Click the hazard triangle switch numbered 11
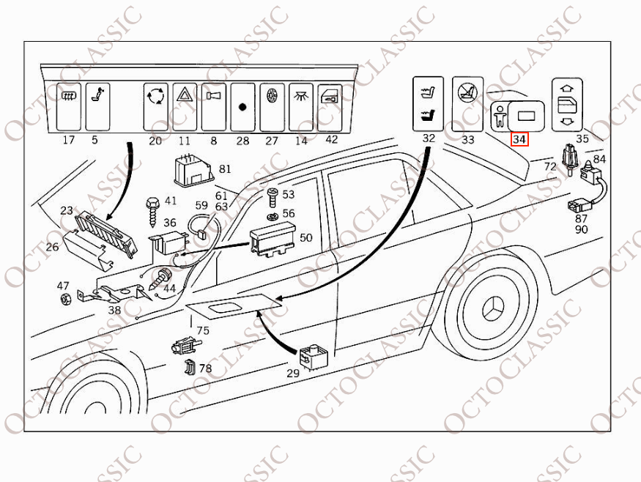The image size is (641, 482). (183, 105)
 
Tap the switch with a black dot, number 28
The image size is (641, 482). (242, 106)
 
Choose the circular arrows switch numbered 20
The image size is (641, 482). (155, 105)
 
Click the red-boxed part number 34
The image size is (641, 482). (519, 139)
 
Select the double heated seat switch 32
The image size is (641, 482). (428, 103)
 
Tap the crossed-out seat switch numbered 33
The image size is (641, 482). (467, 103)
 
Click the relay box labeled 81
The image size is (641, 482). (193, 169)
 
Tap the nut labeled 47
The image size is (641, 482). (64, 299)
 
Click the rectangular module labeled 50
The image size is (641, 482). (270, 241)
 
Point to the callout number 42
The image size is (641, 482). (331, 140)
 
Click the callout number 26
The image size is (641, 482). (52, 248)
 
